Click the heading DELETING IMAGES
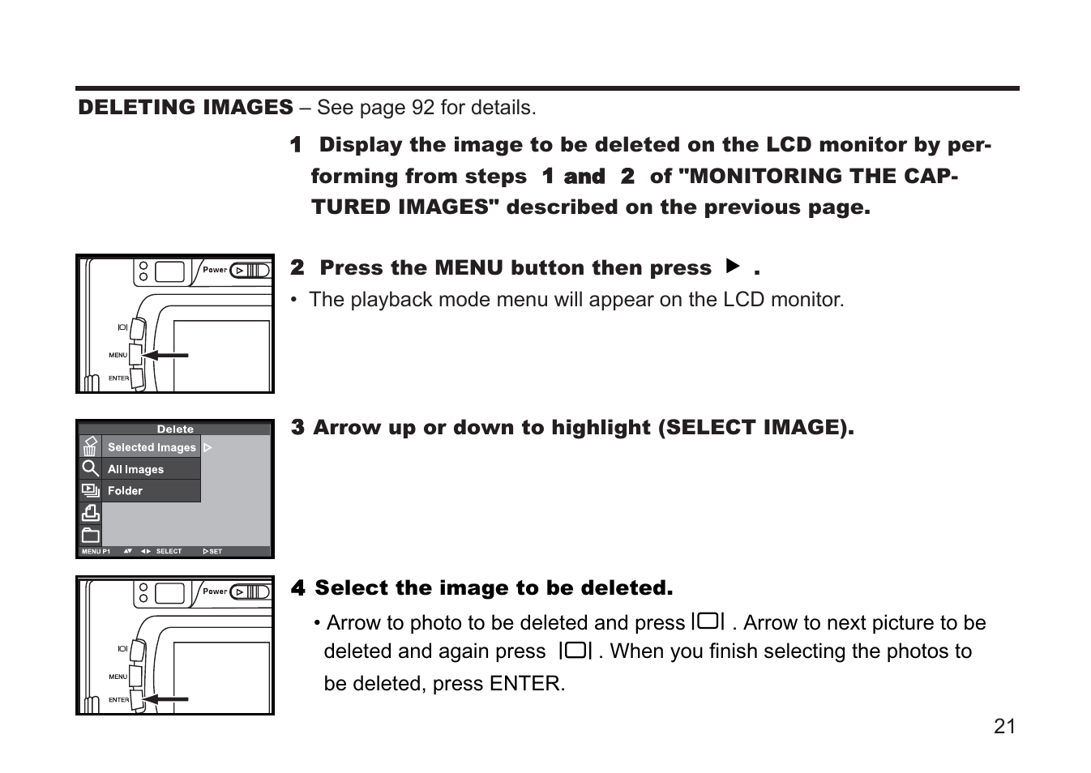click(x=186, y=108)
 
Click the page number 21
click(x=1004, y=726)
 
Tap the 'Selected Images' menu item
click(x=152, y=447)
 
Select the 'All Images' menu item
click(x=135, y=469)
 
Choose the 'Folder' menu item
click(x=125, y=491)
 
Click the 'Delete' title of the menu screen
click(x=175, y=429)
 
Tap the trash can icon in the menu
click(x=90, y=446)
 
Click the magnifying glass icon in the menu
click(x=90, y=468)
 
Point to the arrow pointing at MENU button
click(x=165, y=355)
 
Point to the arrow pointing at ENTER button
click(x=165, y=698)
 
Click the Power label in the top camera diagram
click(x=215, y=270)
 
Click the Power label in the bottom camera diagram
click(x=215, y=591)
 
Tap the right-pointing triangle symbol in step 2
click(x=733, y=266)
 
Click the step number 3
click(x=297, y=428)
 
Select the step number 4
click(x=297, y=588)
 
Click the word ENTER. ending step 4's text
click(x=527, y=684)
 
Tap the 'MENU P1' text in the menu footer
click(x=96, y=551)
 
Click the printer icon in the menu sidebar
click(x=90, y=513)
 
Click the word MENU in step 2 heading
click(x=468, y=268)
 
